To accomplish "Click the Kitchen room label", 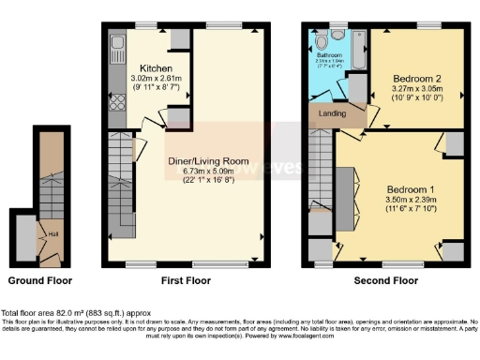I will pos(155,68).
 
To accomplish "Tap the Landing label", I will pos(334,114).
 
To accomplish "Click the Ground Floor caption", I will pos(40,280).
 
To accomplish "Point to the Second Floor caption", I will pos(385,280).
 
